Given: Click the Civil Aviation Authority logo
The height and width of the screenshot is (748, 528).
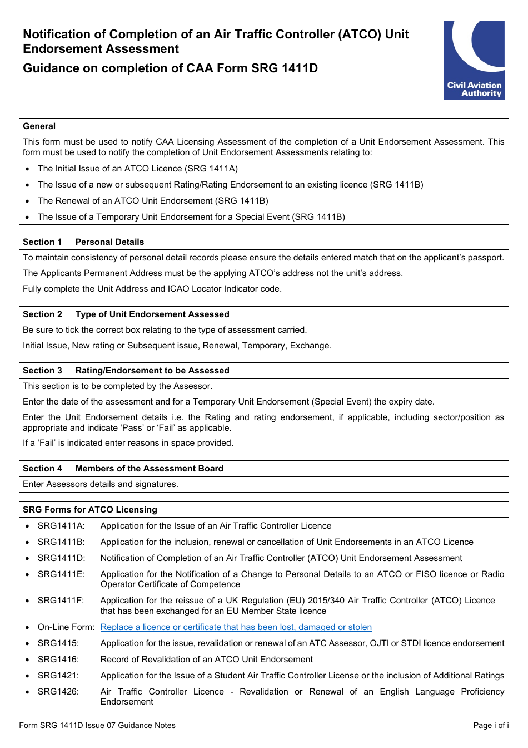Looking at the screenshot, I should click(x=474, y=61).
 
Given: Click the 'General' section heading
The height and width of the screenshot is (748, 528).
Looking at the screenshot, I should click(x=39, y=126).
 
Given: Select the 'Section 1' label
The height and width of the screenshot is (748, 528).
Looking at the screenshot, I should click(x=42, y=242).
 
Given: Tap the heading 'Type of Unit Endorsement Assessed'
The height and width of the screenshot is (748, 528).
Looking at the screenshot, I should click(x=152, y=314).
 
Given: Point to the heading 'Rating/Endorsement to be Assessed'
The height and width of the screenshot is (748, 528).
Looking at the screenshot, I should click(x=152, y=371).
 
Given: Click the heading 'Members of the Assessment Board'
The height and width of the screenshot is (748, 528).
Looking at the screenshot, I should click(x=150, y=469).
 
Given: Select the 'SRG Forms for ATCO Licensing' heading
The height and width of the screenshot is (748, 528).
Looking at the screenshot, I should click(x=90, y=510).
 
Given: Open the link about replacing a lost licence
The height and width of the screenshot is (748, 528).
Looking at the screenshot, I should click(x=236, y=627).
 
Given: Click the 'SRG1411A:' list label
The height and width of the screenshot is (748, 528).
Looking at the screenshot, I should click(x=61, y=526).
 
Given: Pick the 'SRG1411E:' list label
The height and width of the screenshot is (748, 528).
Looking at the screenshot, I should click(x=61, y=574).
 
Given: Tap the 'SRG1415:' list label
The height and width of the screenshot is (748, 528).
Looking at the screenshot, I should click(x=58, y=643).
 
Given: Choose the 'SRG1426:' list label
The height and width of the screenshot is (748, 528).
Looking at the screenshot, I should click(x=58, y=692).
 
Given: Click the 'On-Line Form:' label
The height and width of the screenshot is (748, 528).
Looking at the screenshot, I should click(x=66, y=627).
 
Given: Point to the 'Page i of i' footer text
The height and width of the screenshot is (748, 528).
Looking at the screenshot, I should click(x=491, y=725).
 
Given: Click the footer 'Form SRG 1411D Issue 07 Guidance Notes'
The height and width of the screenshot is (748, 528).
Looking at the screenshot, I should click(x=97, y=725).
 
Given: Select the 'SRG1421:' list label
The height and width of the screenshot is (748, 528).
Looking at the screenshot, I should click(x=58, y=676).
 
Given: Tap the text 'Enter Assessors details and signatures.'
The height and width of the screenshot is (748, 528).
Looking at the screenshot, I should click(x=101, y=484).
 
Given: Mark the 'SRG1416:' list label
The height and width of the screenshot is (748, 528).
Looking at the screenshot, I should click(x=58, y=660).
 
